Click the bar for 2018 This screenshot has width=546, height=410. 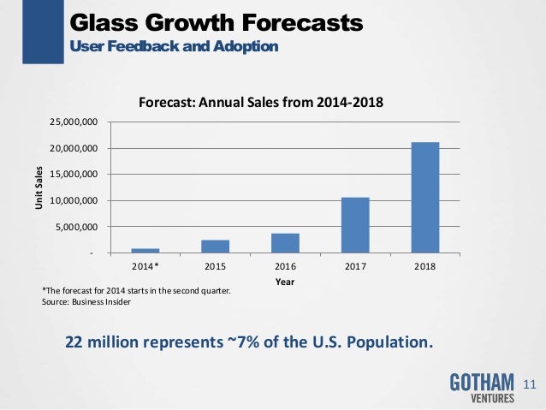tap(425, 198)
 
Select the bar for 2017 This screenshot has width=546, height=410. tap(355, 225)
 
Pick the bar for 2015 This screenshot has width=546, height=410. tap(216, 247)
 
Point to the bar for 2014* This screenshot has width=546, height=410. tap(145, 251)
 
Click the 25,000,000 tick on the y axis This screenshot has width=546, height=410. tap(74, 122)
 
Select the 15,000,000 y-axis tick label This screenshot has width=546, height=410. tap(74, 175)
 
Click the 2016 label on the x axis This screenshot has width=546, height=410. tap(286, 266)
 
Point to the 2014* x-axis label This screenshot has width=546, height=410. tap(145, 266)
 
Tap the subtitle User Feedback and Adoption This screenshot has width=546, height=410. tap(173, 45)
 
